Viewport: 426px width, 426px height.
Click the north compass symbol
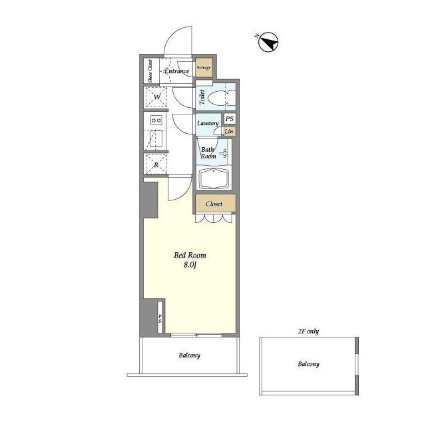pos(268,42)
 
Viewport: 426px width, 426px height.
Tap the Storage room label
pos(204,67)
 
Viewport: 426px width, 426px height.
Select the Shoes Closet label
pos(150,71)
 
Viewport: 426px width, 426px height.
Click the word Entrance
pos(177,71)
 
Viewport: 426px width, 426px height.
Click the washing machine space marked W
pos(156,97)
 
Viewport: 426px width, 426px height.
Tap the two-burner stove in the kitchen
pos(156,120)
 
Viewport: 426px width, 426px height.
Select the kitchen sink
pos(156,138)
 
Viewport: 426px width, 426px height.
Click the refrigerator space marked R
pos(156,164)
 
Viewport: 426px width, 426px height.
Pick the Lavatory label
pos(208,123)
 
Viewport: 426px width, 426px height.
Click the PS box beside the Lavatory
pos(230,118)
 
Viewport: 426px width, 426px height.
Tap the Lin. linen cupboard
pos(230,131)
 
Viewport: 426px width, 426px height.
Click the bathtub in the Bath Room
pos(214,178)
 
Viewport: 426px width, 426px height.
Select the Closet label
pos(214,204)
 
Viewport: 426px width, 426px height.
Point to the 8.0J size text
pos(190,265)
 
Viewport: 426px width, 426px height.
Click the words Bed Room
pos(190,256)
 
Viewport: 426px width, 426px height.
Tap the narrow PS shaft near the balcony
pos(160,317)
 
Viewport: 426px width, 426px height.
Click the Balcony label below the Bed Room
pos(189,355)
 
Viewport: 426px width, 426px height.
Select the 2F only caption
pos(308,331)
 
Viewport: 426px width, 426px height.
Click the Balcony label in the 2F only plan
pos(308,364)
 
